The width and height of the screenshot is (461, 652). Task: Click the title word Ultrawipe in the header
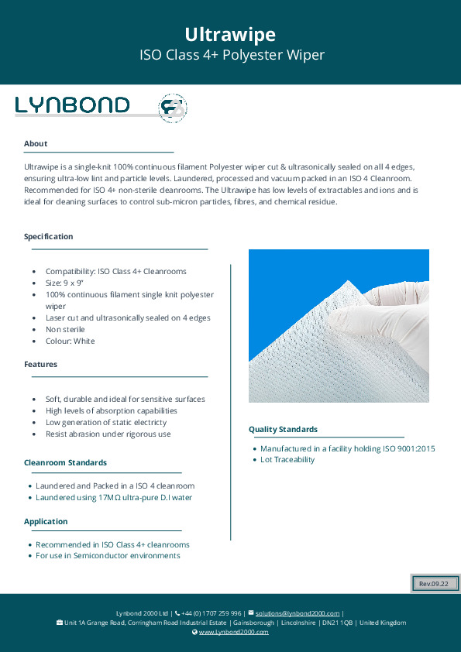(x=230, y=34)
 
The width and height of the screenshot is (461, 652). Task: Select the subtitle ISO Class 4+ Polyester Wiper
(x=230, y=55)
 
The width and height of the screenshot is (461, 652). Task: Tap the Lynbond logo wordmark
(x=73, y=105)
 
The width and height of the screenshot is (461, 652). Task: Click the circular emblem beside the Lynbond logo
(x=172, y=108)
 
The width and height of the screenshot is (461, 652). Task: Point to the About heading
(x=36, y=143)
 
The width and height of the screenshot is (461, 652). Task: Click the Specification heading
(x=49, y=236)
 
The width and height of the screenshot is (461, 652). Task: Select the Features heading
(x=40, y=364)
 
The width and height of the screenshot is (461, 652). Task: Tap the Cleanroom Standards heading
(x=65, y=462)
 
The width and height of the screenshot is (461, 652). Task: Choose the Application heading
(x=46, y=521)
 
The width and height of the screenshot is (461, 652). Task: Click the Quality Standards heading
(x=282, y=429)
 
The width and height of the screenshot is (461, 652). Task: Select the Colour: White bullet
(x=71, y=341)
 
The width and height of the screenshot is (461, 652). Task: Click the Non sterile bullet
(x=65, y=329)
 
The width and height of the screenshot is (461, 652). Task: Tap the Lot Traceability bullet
(x=287, y=460)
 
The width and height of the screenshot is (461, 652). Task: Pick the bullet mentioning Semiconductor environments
(x=108, y=555)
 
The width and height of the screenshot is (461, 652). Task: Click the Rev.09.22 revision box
(x=435, y=583)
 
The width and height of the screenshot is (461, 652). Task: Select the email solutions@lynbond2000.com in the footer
(x=298, y=613)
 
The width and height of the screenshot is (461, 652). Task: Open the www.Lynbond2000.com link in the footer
(x=233, y=632)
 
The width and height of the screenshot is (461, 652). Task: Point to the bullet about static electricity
(x=105, y=422)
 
